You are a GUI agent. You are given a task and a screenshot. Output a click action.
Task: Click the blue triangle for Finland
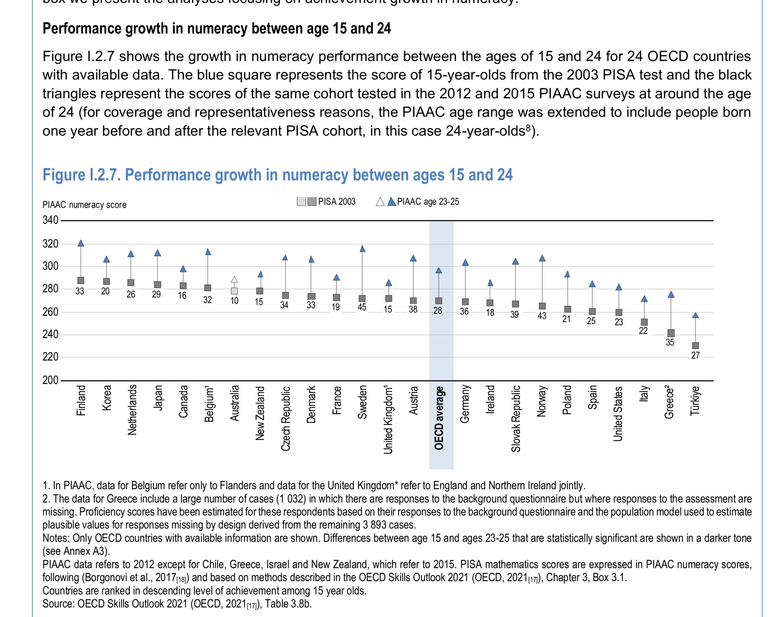click(x=81, y=243)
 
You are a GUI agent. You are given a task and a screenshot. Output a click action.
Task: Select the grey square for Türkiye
click(x=695, y=346)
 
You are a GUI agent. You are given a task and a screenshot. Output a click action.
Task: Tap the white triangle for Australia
click(x=234, y=280)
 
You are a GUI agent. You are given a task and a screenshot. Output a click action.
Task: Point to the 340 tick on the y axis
click(x=50, y=220)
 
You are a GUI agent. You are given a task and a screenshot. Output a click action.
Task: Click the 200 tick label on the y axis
click(x=50, y=380)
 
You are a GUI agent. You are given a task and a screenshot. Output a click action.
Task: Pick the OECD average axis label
click(x=439, y=418)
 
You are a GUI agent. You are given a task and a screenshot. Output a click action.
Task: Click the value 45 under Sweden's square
click(x=362, y=307)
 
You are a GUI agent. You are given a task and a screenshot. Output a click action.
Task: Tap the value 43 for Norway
click(x=542, y=315)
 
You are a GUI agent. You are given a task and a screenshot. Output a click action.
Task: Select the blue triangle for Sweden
click(x=362, y=248)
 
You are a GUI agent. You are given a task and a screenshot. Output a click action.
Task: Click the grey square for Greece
click(x=671, y=333)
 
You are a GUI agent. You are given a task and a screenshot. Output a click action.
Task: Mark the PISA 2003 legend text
click(x=337, y=202)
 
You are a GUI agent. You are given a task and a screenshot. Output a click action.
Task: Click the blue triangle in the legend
click(x=392, y=202)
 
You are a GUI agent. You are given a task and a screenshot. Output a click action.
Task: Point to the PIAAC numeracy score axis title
click(x=84, y=205)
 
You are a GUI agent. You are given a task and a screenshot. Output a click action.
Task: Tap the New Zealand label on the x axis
click(x=260, y=413)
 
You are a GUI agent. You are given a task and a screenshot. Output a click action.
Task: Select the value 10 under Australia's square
click(x=234, y=301)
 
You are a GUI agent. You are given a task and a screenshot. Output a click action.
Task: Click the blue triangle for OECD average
click(x=439, y=271)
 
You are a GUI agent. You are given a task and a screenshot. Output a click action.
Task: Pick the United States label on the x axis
click(x=618, y=414)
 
